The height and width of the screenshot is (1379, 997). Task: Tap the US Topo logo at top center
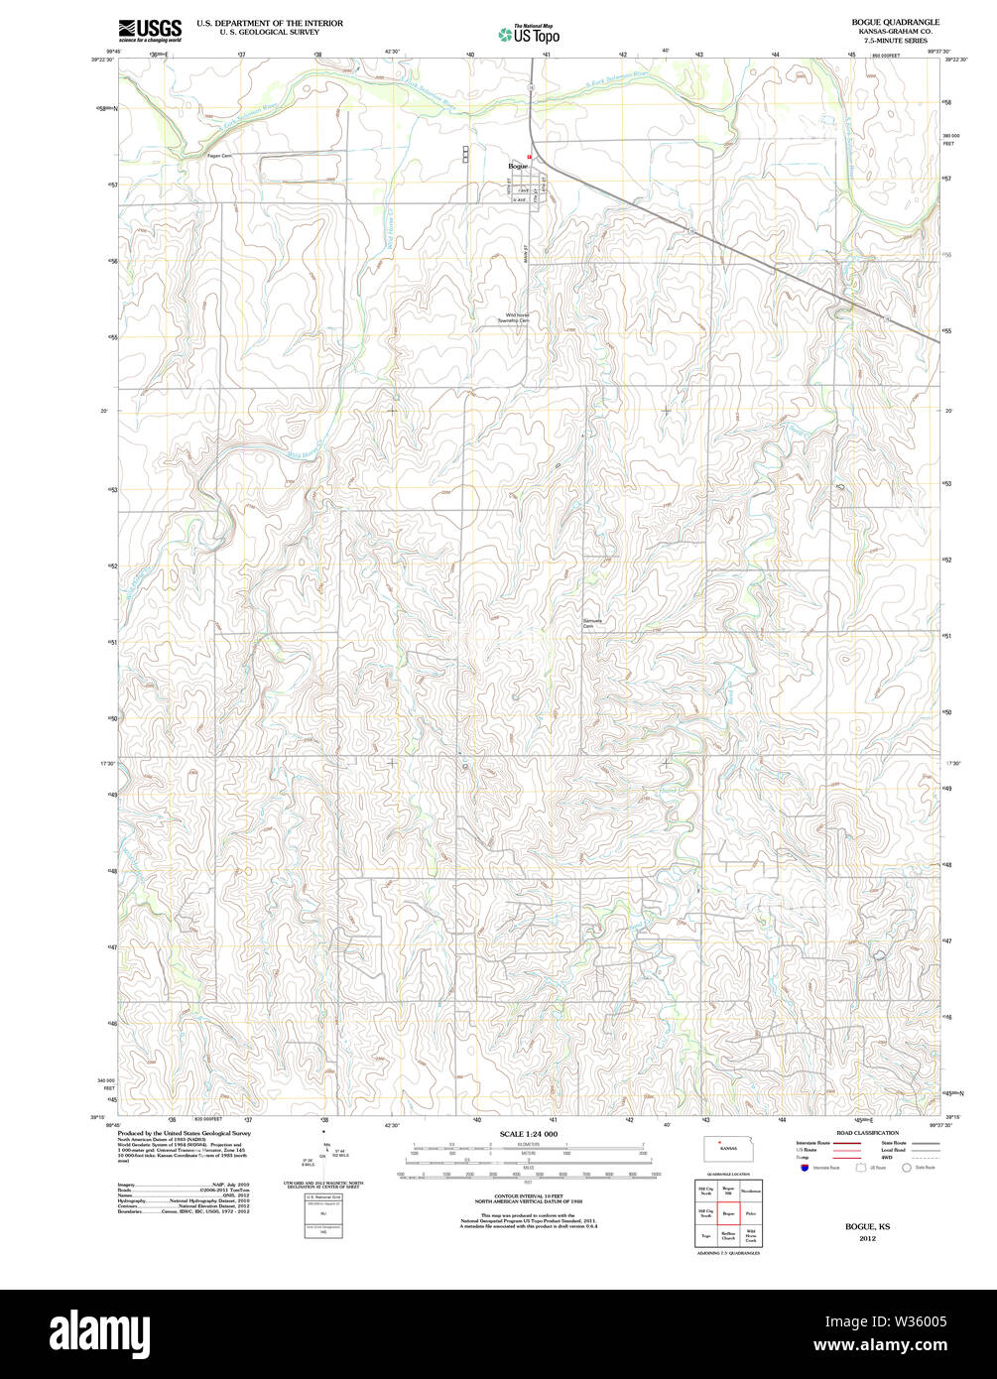tap(529, 35)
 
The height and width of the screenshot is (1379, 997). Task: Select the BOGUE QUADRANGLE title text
tap(895, 22)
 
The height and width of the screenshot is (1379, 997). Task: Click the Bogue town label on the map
tap(517, 166)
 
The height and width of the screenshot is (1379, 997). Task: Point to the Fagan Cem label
tap(219, 156)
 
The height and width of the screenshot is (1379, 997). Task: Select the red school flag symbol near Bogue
tap(530, 157)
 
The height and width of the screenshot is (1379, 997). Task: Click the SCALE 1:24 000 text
tap(528, 1133)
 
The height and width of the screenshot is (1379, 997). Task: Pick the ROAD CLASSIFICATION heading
tap(866, 1132)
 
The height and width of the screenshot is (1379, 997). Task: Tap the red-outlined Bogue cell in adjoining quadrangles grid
tap(728, 1212)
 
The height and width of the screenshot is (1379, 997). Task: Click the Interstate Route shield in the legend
tap(802, 1168)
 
